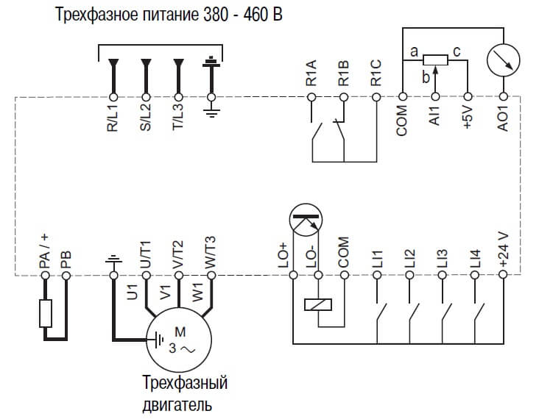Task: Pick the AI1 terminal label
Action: pyautogui.click(x=435, y=117)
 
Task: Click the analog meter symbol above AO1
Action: pyautogui.click(x=504, y=59)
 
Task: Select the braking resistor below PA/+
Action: pyautogui.click(x=45, y=314)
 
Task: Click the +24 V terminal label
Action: pyautogui.click(x=504, y=249)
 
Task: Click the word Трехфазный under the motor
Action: pyautogui.click(x=184, y=384)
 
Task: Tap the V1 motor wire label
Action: pyautogui.click(x=165, y=290)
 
